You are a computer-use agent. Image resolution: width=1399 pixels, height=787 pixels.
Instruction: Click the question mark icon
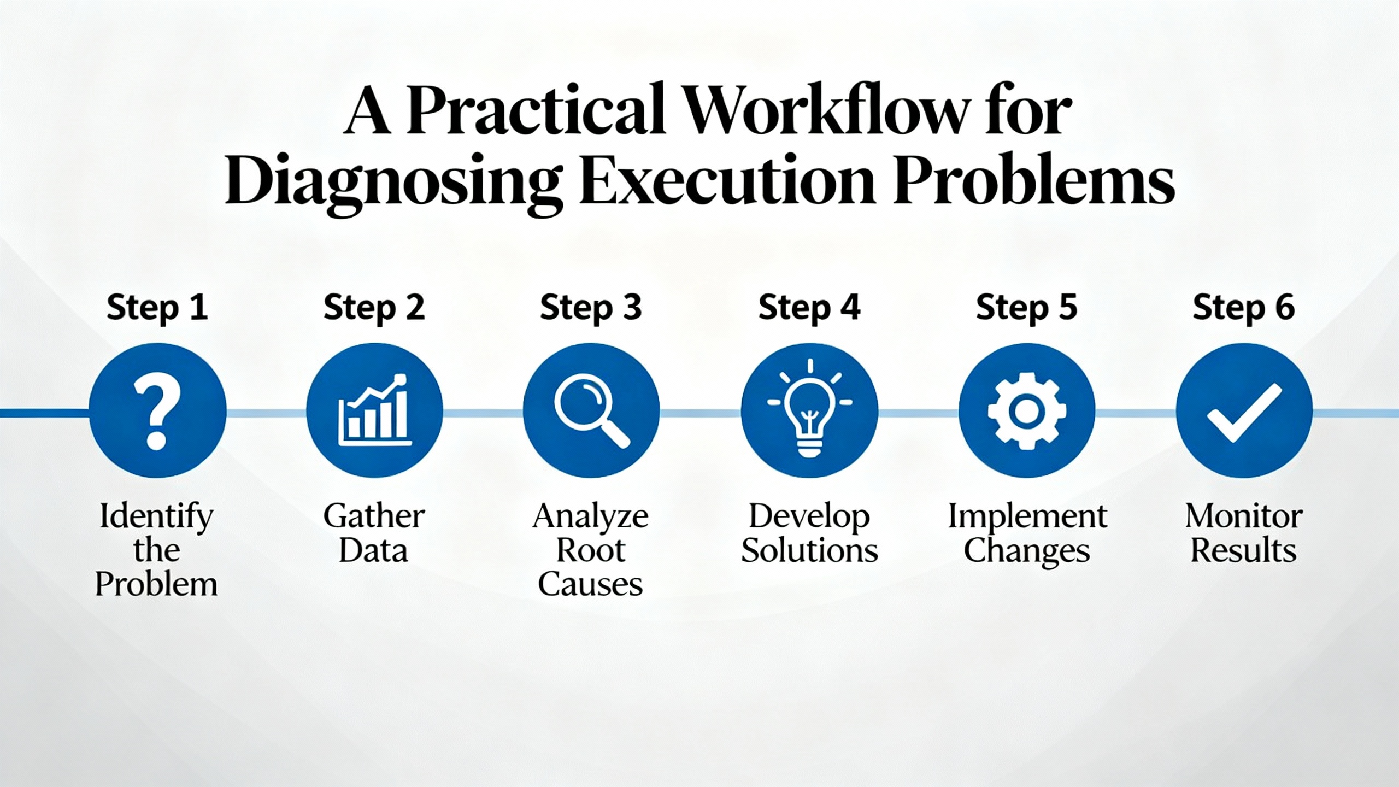pyautogui.click(x=157, y=410)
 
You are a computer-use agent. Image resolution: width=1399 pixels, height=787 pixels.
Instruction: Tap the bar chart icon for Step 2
pyautogui.click(x=374, y=410)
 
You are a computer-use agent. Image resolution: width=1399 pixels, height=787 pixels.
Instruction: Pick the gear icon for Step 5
pyautogui.click(x=1027, y=410)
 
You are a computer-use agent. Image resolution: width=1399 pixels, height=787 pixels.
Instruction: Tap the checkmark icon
pyautogui.click(x=1244, y=410)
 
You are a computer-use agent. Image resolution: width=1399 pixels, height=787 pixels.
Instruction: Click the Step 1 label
pyautogui.click(x=157, y=308)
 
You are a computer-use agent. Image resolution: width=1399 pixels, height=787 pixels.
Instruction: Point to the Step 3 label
pyautogui.click(x=591, y=308)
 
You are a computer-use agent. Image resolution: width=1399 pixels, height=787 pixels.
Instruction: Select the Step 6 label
pyautogui.click(x=1244, y=308)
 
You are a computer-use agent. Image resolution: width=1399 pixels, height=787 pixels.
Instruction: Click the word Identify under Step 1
pyautogui.click(x=156, y=517)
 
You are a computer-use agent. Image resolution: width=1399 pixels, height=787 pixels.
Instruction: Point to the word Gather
pyautogui.click(x=374, y=516)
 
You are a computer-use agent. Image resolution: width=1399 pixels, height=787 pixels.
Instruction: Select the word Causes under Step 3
pyautogui.click(x=591, y=584)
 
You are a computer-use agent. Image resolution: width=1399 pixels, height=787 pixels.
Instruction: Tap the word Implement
pyautogui.click(x=1027, y=517)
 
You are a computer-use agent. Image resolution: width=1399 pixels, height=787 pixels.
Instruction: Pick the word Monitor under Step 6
pyautogui.click(x=1244, y=516)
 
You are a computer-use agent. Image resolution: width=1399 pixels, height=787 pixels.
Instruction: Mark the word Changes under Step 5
pyautogui.click(x=1027, y=551)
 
